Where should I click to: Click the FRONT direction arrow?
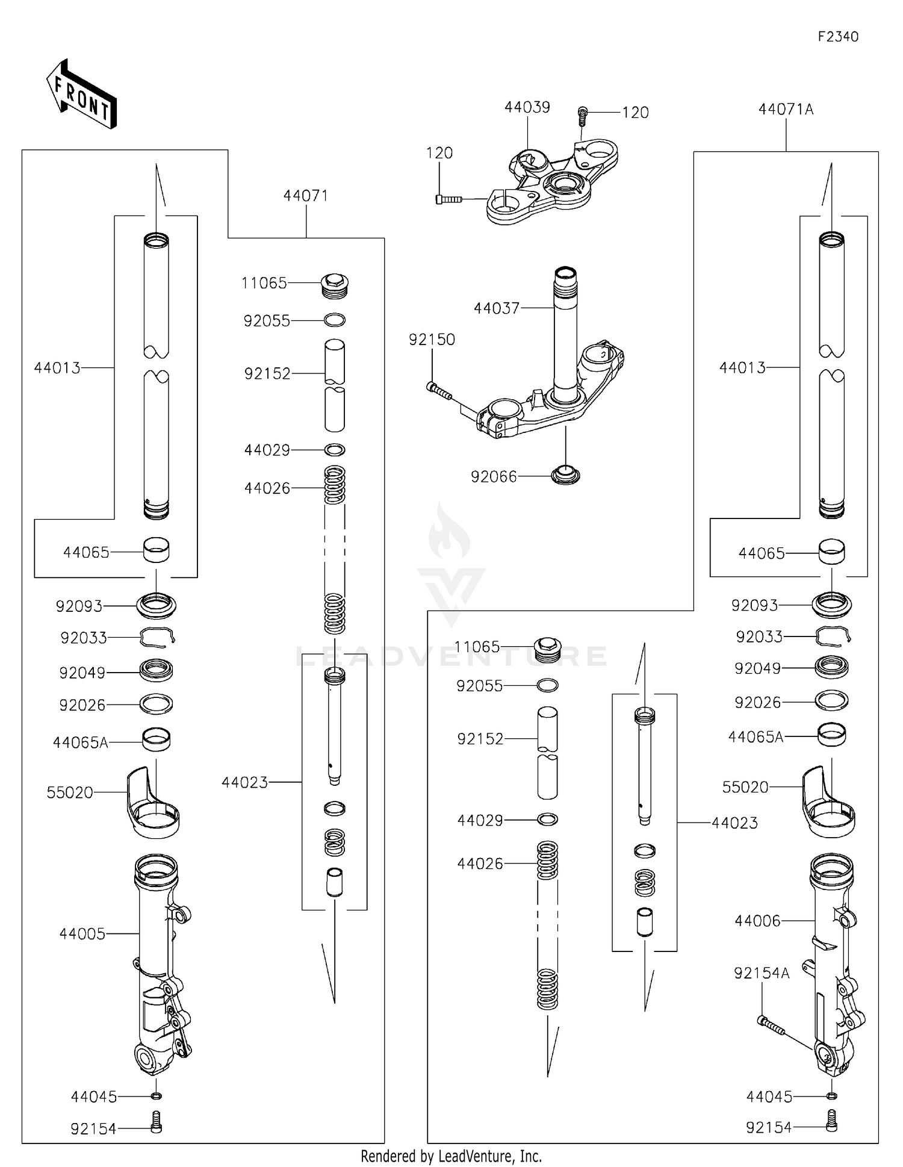click(x=81, y=95)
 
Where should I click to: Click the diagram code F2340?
click(x=838, y=37)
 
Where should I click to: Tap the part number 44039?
click(x=527, y=107)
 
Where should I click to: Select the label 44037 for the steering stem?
click(x=496, y=308)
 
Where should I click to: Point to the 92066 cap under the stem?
click(x=566, y=475)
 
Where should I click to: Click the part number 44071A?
click(x=786, y=110)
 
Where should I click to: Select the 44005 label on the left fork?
click(x=82, y=933)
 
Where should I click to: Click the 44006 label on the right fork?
click(x=757, y=921)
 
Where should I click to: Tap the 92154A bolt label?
click(x=761, y=973)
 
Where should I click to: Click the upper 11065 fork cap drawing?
click(x=335, y=284)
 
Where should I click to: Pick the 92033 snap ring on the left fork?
click(x=157, y=637)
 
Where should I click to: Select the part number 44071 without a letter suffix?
click(x=305, y=196)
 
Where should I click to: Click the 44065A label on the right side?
click(x=756, y=736)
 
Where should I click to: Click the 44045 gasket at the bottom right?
click(x=831, y=1096)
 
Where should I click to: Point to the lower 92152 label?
click(x=480, y=739)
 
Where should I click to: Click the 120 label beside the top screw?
click(x=635, y=113)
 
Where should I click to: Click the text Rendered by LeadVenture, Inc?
click(x=451, y=1156)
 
